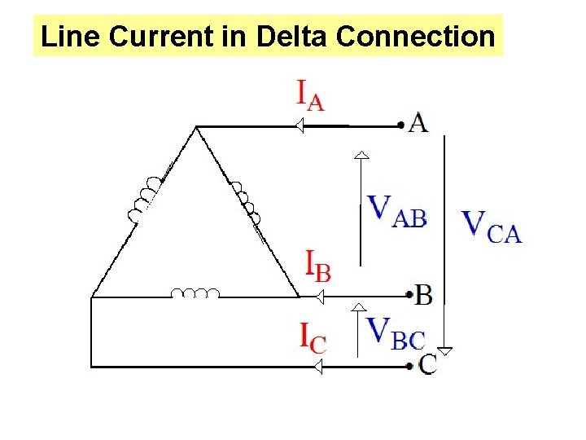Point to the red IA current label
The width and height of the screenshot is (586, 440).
click(309, 95)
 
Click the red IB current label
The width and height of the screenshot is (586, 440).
click(317, 266)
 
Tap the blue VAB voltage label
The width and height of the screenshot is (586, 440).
click(396, 209)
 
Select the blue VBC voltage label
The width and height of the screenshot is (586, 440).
click(396, 332)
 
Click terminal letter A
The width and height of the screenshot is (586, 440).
click(418, 123)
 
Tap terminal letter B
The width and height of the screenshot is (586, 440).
click(423, 294)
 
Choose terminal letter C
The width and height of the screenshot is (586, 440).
click(427, 364)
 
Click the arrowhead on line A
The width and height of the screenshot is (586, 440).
click(299, 126)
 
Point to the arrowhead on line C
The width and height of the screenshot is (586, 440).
click(318, 367)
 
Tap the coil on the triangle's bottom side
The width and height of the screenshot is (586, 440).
click(195, 293)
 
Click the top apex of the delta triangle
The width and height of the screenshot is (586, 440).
click(196, 127)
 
